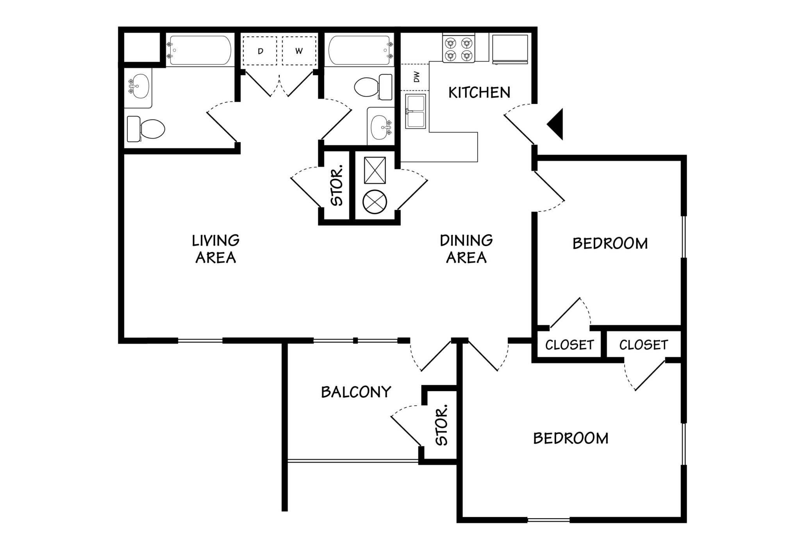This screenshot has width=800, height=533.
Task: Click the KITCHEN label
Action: pyautogui.click(x=479, y=93)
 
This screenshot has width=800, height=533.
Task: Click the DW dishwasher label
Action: pyautogui.click(x=416, y=77)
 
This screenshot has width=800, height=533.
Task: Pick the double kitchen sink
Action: pyautogui.click(x=415, y=111)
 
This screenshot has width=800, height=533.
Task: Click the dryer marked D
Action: pyautogui.click(x=260, y=51)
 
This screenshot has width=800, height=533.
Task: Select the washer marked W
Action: pyautogui.click(x=299, y=51)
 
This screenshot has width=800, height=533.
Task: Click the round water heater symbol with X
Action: pyautogui.click(x=375, y=202)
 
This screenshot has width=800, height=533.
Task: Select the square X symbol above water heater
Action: pyautogui.click(x=375, y=170)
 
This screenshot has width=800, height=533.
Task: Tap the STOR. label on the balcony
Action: pyautogui.click(x=442, y=426)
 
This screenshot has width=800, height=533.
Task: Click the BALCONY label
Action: pyautogui.click(x=356, y=392)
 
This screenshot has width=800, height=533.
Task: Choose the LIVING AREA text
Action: pyautogui.click(x=216, y=249)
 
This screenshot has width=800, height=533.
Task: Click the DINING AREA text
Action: pyautogui.click(x=466, y=249)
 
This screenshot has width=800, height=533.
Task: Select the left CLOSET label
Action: pyautogui.click(x=569, y=345)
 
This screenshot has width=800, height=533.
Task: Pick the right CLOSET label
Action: pyautogui.click(x=643, y=345)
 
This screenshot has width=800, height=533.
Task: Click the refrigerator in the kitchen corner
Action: pyautogui.click(x=510, y=49)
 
